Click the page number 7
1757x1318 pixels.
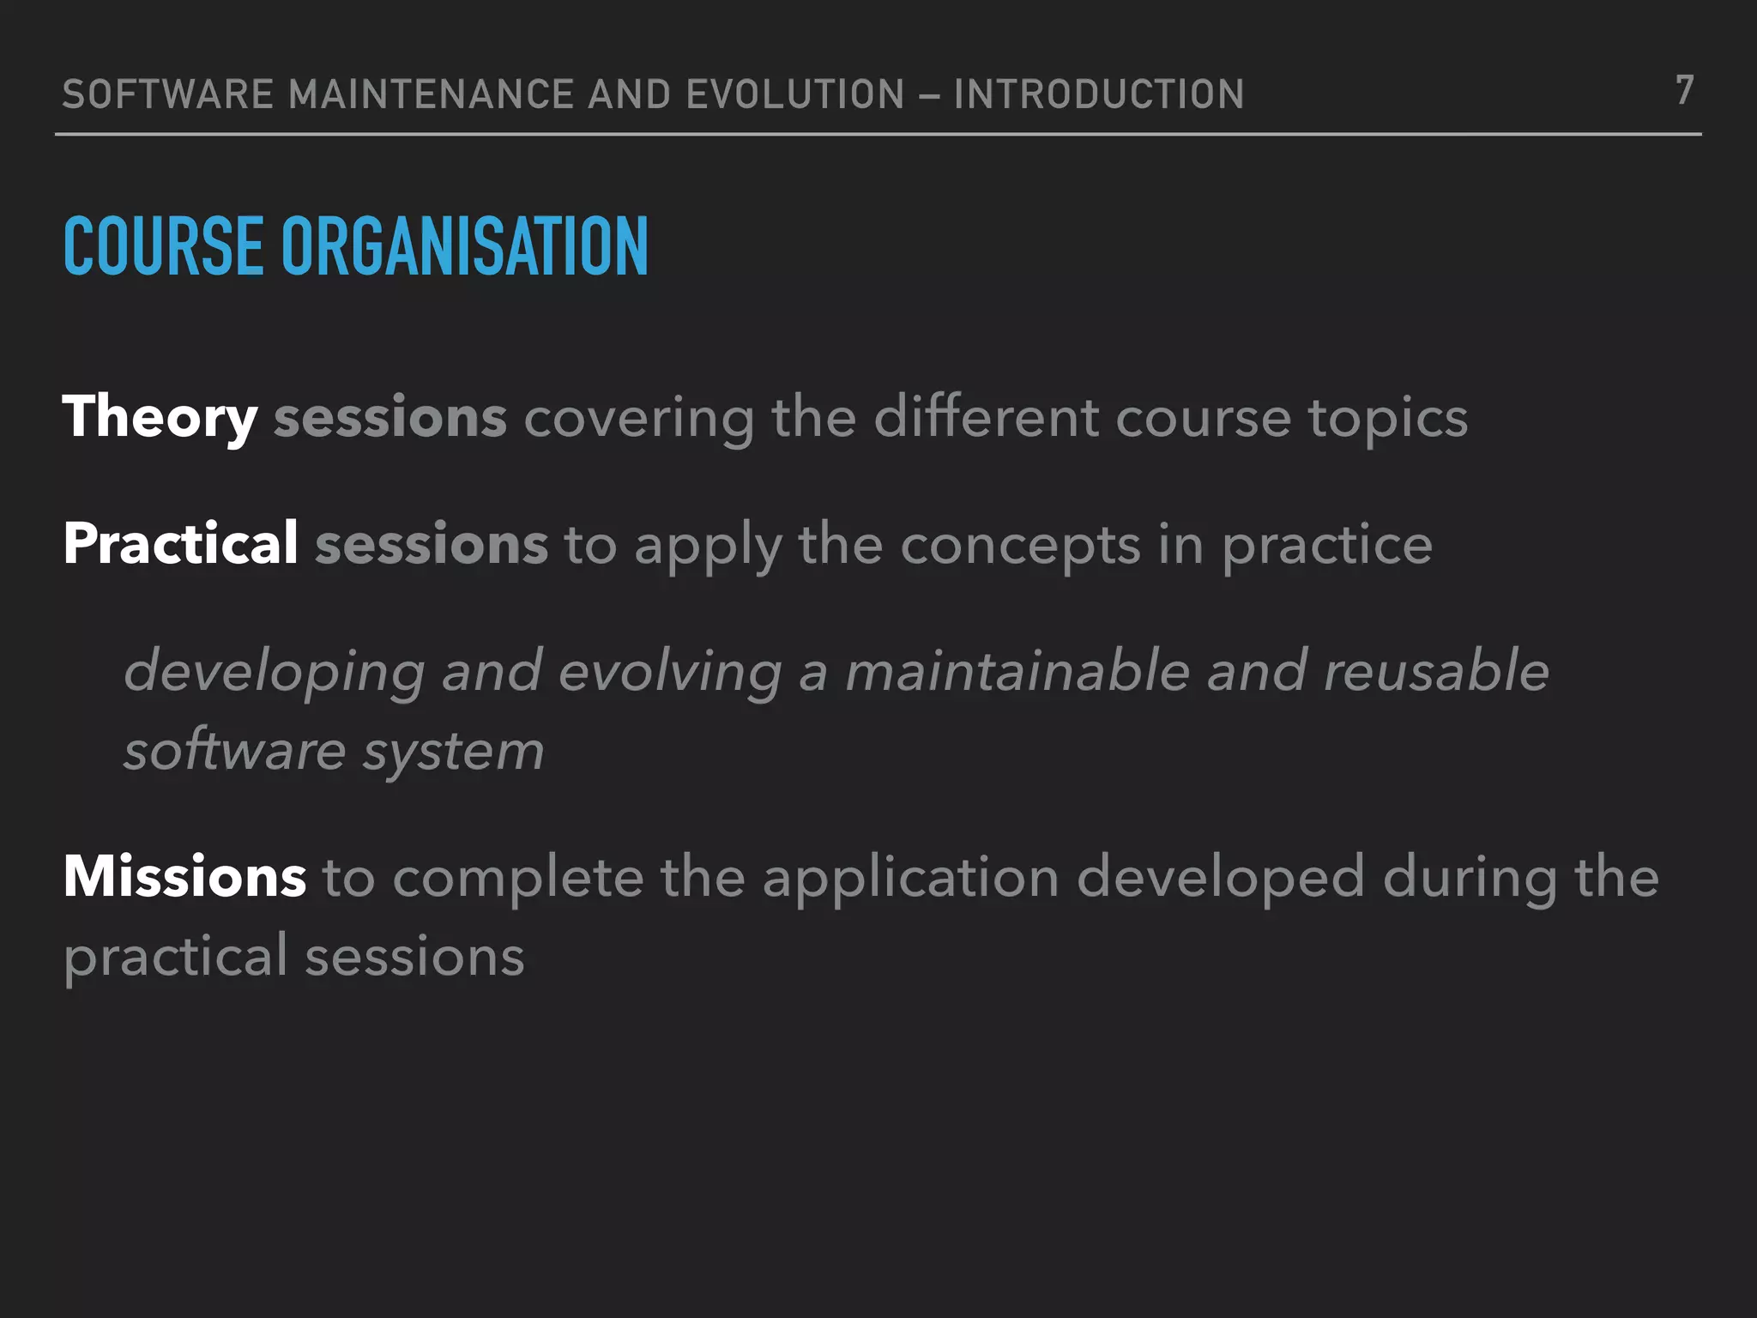(x=1684, y=90)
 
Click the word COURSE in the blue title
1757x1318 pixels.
(x=163, y=247)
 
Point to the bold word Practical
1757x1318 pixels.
(x=181, y=544)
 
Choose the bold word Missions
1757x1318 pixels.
(x=184, y=877)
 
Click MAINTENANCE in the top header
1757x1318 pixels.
(x=431, y=94)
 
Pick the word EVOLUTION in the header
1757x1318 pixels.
(x=795, y=94)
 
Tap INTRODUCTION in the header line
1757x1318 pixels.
(x=1099, y=94)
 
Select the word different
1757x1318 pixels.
(x=986, y=418)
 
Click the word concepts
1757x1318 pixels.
(x=1020, y=546)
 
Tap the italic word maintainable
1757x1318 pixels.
(x=1017, y=671)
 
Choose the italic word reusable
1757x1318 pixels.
(x=1436, y=671)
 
